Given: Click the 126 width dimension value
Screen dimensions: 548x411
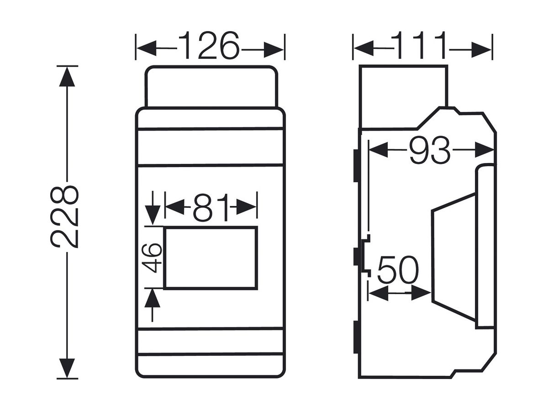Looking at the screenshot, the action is [209, 46].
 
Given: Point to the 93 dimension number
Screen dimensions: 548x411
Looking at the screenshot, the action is [430, 150].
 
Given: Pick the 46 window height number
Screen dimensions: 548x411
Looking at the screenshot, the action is [152, 258].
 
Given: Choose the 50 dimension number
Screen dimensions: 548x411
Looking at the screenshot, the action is [398, 270].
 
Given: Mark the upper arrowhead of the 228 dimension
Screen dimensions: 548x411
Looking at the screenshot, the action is [67, 77].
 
